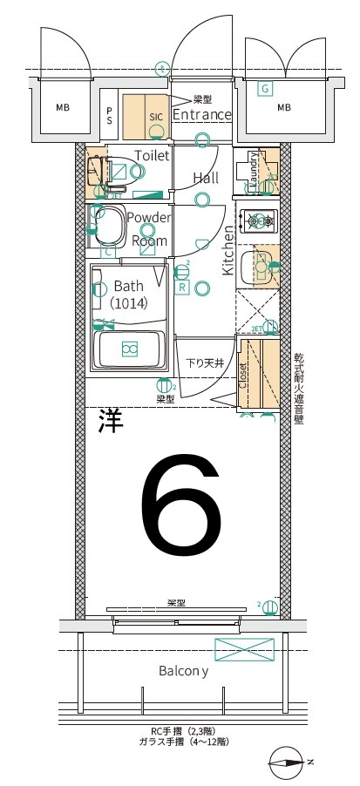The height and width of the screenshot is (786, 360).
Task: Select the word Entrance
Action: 201,115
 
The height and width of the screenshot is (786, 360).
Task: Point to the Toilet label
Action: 152,155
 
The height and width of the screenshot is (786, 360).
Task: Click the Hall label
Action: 206,178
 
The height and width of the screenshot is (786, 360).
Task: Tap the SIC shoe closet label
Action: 156,115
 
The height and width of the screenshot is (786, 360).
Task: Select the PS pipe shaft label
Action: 110,115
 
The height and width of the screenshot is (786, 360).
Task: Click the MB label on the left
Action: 63,108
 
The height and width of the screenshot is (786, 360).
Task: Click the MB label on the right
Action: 284,108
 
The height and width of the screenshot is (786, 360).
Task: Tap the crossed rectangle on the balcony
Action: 244,649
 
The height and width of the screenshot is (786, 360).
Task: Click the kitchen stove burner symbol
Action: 258,221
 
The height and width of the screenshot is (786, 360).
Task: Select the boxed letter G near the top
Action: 264,88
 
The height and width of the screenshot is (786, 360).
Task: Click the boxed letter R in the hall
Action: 183,287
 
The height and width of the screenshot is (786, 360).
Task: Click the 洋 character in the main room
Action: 110,422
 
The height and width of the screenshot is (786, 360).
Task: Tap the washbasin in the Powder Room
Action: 110,228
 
